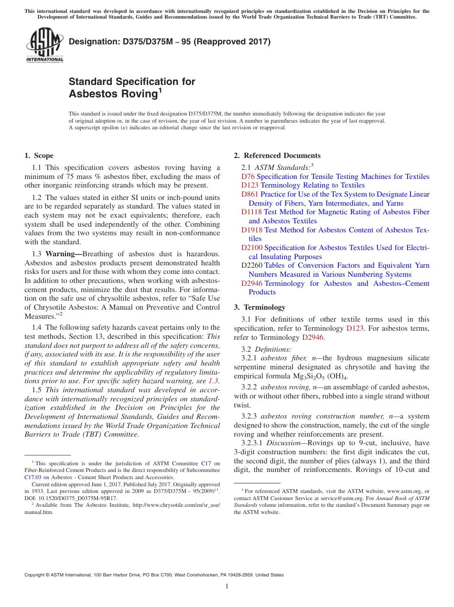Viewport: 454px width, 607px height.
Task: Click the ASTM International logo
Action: click(44, 45)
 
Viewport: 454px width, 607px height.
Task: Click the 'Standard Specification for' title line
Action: click(132, 82)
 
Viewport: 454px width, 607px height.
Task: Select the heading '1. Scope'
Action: click(39, 156)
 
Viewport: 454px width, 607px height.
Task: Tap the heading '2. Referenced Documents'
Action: click(277, 156)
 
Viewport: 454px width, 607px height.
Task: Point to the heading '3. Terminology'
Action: click(259, 307)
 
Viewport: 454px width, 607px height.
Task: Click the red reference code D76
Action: click(248, 177)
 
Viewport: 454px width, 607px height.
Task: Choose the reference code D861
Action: click(250, 194)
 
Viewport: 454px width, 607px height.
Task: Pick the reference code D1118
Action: click(252, 212)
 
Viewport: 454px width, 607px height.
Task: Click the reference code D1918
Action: click(252, 230)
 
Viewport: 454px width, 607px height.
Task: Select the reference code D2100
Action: click(252, 248)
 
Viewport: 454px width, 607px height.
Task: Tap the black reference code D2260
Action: click(252, 265)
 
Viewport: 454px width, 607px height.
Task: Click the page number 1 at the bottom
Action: click(227, 586)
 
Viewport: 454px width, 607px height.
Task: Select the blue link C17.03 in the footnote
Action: click(33, 477)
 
